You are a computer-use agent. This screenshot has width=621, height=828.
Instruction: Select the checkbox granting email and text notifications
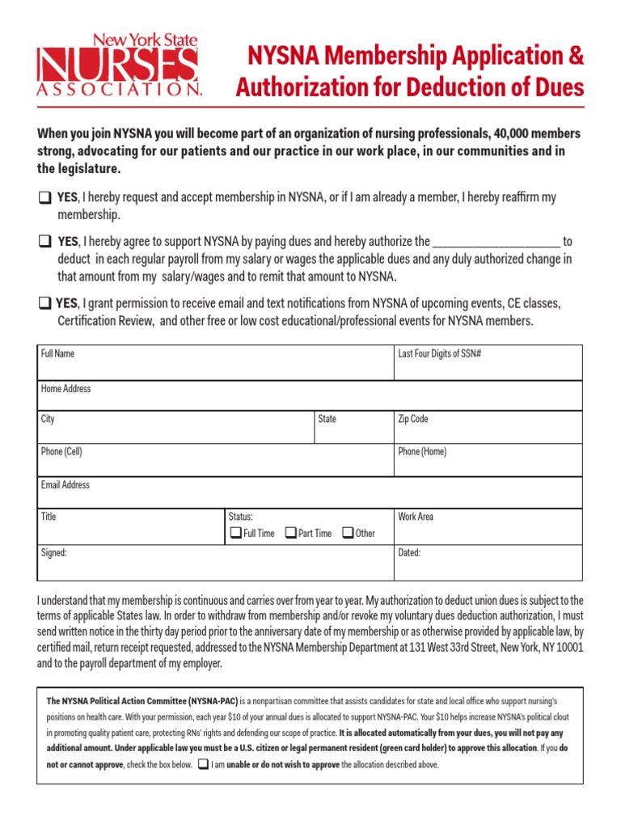pos(43,304)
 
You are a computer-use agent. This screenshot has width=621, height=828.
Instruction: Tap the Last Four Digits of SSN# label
pos(440,354)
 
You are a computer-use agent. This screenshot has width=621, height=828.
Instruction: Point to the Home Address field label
pos(66,389)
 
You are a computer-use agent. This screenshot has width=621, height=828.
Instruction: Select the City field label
pos(49,420)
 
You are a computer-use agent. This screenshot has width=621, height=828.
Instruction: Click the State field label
pos(327,420)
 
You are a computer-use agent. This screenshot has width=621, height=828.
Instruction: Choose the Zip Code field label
pos(413,420)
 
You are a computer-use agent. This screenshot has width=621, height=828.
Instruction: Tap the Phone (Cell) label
pos(61,452)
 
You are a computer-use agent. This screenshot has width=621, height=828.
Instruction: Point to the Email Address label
pos(65,485)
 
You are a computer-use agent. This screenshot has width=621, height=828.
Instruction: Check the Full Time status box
pos(235,533)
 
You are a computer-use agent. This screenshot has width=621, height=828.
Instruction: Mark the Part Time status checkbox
pos(291,533)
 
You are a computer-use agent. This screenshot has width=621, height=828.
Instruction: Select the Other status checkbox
pos(348,533)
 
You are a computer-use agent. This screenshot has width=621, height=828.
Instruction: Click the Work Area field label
pos(416,517)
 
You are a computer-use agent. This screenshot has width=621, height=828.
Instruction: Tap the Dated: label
pos(409,554)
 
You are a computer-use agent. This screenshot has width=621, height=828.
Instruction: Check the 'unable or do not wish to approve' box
pos(203,764)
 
